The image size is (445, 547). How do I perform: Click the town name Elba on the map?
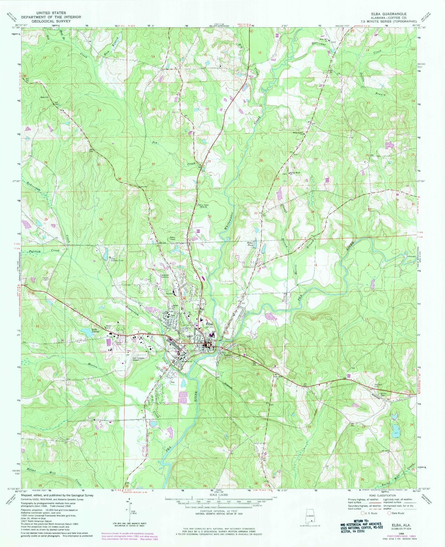point(209,324)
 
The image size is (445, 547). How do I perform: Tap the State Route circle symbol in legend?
point(393,513)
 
